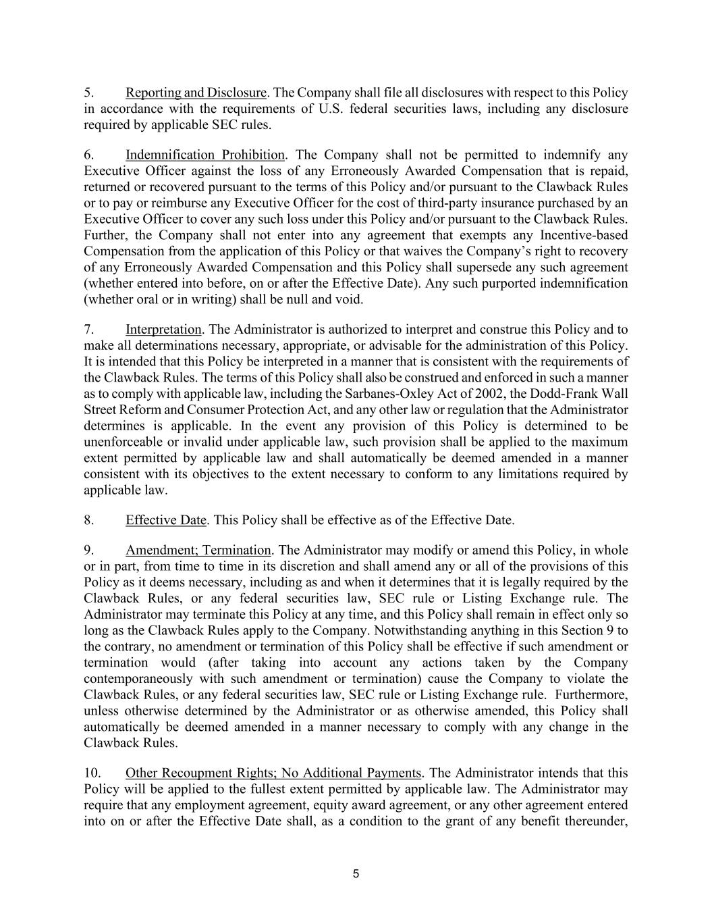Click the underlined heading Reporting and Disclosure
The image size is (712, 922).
(x=196, y=93)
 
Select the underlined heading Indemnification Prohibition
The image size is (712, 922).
(x=205, y=155)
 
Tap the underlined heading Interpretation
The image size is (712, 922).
(x=163, y=330)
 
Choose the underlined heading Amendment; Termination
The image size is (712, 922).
(x=198, y=550)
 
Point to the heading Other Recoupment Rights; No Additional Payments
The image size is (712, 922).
(x=274, y=773)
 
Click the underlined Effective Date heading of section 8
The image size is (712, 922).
(x=166, y=520)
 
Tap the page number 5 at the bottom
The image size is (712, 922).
(x=356, y=874)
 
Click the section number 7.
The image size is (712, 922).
(x=88, y=330)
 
